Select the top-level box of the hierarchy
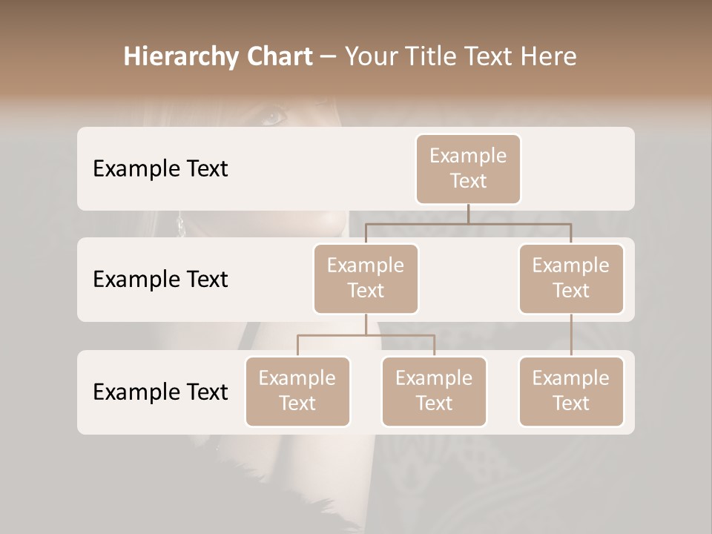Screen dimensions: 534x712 468,168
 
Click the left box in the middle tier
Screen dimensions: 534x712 366,278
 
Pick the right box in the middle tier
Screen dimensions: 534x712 571,278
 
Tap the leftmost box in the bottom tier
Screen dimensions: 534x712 297,391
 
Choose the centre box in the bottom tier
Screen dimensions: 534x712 434,391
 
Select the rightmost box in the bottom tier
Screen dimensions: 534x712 571,391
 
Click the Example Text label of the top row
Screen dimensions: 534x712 160,168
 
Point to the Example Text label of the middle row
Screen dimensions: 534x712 160,279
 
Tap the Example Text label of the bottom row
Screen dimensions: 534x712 160,392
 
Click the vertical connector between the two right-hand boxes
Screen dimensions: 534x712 571,334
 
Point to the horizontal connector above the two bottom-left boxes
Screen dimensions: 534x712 334,335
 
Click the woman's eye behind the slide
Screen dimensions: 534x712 274,116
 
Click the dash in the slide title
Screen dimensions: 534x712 329,56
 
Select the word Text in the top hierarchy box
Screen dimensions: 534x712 468,181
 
